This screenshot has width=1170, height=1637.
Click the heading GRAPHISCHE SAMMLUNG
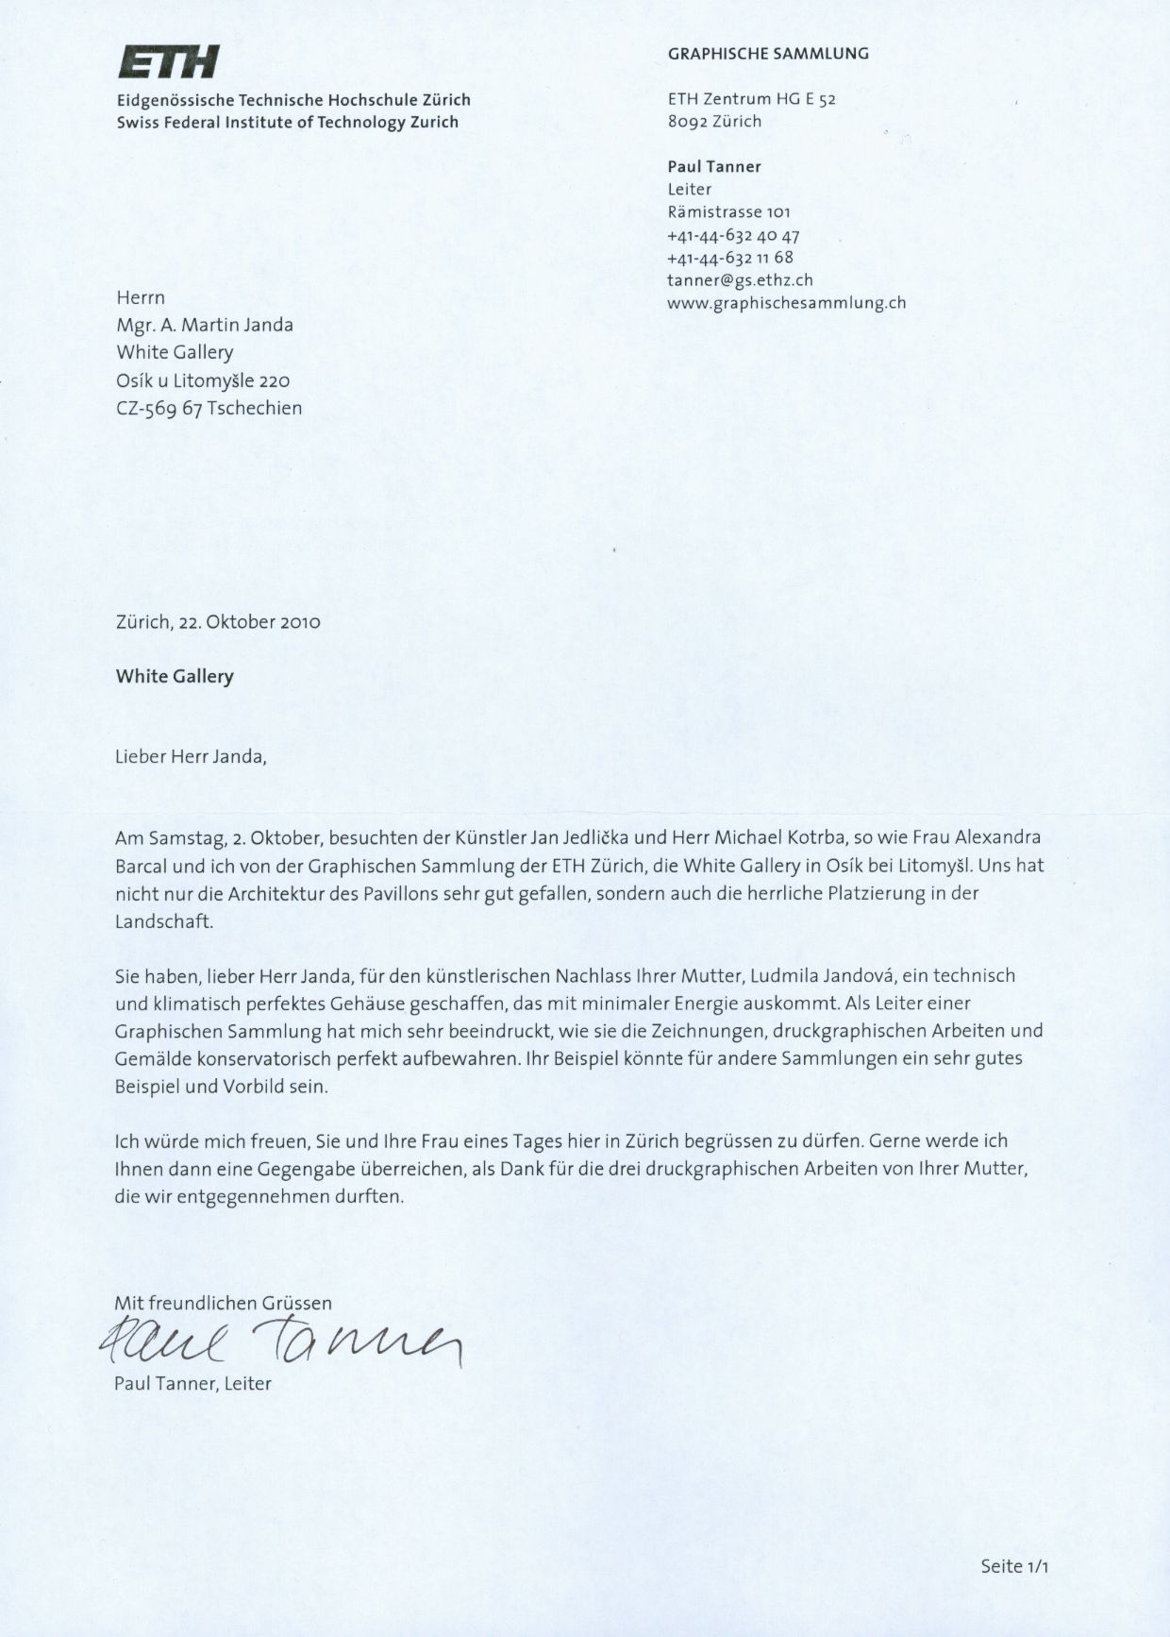click(x=768, y=54)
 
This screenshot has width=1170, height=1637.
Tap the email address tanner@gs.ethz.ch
click(x=740, y=280)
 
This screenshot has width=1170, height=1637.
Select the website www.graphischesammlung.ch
click(x=786, y=303)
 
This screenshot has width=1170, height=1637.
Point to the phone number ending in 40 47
click(x=733, y=235)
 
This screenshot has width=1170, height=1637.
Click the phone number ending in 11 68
click(x=729, y=258)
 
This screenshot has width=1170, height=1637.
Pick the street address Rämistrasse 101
click(x=728, y=212)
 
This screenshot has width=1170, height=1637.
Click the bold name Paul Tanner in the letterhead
click(x=713, y=167)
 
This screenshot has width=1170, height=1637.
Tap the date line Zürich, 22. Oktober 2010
click(x=218, y=622)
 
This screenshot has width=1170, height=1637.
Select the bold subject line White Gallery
click(x=175, y=677)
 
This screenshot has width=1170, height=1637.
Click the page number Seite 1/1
click(x=1014, y=1566)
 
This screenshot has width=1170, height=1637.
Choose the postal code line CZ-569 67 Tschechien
click(x=209, y=409)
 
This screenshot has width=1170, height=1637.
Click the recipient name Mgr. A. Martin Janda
click(x=205, y=326)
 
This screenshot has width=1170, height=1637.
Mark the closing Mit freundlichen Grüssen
click(x=223, y=1303)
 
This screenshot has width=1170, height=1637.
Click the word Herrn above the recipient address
click(x=141, y=298)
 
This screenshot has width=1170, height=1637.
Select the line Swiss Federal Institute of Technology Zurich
click(x=288, y=122)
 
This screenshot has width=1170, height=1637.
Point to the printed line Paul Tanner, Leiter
click(x=192, y=1384)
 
